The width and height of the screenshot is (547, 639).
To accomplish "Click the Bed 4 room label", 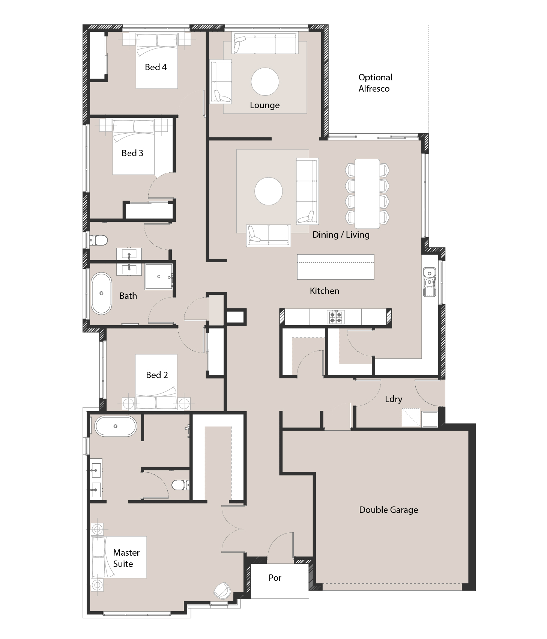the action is point(156,67).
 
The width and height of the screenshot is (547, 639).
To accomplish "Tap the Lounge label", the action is point(265,105).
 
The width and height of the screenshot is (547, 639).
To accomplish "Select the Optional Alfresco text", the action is point(375,83).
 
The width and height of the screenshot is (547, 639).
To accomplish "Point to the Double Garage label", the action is point(388,510).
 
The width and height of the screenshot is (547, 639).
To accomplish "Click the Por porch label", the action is point(275,578).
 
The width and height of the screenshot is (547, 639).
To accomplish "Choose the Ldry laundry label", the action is point(394,399).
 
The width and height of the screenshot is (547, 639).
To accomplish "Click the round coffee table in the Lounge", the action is point(265,81).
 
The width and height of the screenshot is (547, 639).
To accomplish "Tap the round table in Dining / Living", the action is point(269,191).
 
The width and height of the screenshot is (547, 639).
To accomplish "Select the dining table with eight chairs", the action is point(367,194).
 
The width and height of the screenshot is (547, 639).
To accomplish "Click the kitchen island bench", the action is point(335,267).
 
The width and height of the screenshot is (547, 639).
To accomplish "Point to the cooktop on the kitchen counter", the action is point(335,317).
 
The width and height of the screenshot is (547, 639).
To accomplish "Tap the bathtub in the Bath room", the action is point(101,293).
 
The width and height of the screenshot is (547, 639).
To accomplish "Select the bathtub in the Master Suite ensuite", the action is point(116,426).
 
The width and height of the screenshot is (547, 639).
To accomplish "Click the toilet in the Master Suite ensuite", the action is point(180,485).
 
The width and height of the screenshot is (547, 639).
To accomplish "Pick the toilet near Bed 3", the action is point(98,240).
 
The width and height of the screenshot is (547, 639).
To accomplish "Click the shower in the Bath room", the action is point(159,277).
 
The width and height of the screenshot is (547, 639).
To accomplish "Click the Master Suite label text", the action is point(126,558).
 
